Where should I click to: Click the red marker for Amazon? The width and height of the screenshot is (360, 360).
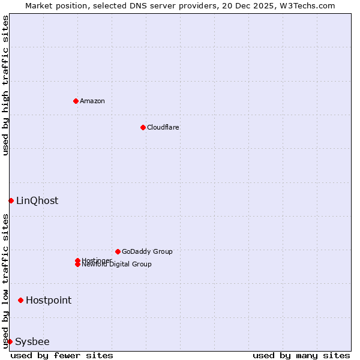click(76, 101)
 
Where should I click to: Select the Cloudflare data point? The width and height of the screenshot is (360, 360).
click(143, 127)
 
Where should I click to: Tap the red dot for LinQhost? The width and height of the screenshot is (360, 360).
click(11, 200)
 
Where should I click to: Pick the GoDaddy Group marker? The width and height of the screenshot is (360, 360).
click(118, 251)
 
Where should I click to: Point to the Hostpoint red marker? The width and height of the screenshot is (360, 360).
click(20, 300)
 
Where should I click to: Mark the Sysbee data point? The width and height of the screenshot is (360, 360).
click(10, 341)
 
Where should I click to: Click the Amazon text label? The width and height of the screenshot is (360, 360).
click(92, 101)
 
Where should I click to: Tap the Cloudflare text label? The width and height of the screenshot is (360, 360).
click(163, 127)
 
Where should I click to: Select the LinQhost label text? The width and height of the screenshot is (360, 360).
click(37, 200)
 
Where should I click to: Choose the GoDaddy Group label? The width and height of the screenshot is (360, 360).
click(147, 251)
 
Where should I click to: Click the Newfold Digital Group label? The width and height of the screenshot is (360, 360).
click(116, 265)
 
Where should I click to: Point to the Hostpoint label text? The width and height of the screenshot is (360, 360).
click(49, 300)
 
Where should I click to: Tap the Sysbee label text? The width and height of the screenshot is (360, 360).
click(32, 341)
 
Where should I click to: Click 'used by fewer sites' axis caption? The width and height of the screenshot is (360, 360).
click(62, 355)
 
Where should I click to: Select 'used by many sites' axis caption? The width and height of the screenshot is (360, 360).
click(301, 355)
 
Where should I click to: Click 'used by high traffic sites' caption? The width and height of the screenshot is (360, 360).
click(5, 85)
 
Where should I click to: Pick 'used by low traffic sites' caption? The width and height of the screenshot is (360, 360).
click(5, 281)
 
